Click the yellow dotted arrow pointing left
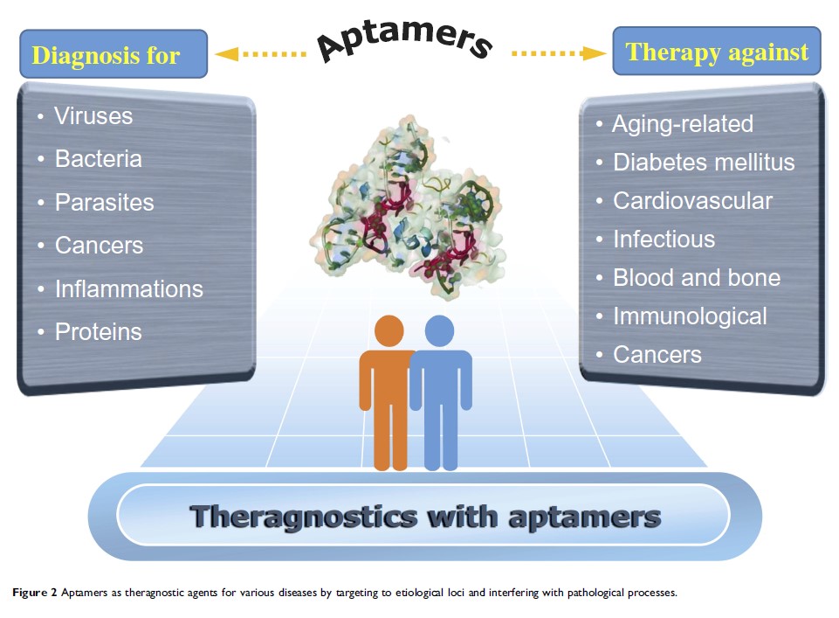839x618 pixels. [x=259, y=54]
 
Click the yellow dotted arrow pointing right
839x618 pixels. [x=559, y=53]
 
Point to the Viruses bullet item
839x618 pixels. [x=93, y=115]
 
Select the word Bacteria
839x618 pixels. [x=98, y=159]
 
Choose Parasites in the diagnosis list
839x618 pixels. [x=104, y=202]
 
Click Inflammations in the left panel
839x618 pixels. [x=128, y=288]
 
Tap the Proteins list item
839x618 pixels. [x=98, y=332]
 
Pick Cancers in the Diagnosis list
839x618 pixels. [x=99, y=246]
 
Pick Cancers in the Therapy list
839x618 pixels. [x=657, y=354]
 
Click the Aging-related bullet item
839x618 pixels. [x=682, y=124]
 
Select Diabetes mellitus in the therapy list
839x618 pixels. [x=704, y=163]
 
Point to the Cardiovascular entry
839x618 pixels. [x=692, y=201]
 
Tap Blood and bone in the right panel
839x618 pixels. [x=696, y=278]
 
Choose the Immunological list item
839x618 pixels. [x=690, y=316]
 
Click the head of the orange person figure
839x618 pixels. [x=389, y=331]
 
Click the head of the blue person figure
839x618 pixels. [x=439, y=330]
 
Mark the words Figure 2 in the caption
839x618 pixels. [x=35, y=593]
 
